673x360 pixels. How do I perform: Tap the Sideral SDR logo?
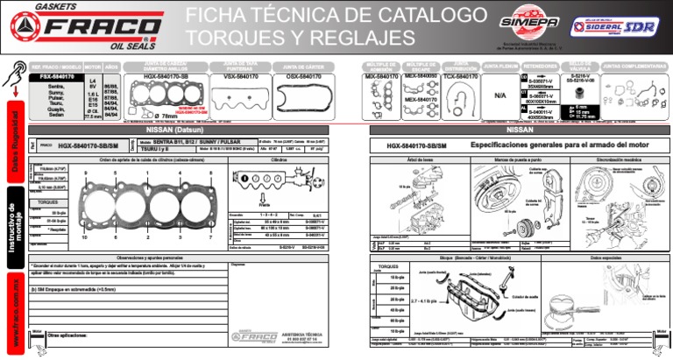point(618,26)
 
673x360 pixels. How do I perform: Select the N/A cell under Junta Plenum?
point(500,95)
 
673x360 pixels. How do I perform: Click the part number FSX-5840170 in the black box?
point(57,77)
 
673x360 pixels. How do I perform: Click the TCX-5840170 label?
point(460,77)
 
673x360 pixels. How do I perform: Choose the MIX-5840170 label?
point(381,77)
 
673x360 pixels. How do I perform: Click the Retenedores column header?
point(541,66)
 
